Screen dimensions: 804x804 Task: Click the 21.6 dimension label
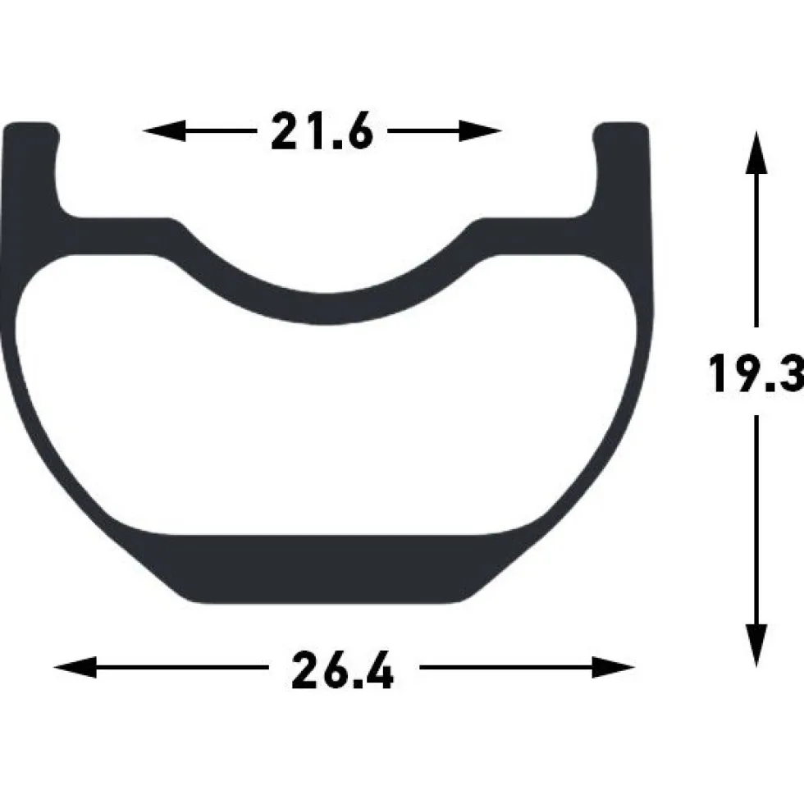[x=322, y=131]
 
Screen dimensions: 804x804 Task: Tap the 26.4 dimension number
[x=343, y=669]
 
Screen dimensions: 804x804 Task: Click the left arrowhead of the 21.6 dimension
[x=163, y=130]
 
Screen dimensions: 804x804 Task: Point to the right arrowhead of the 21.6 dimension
[x=481, y=130]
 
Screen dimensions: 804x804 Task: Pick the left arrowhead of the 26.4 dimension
[x=75, y=667]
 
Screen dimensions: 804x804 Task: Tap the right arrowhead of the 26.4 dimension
[x=614, y=667]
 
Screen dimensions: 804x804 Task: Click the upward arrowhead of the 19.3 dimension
[x=756, y=153]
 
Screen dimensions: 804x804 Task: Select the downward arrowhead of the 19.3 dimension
[x=756, y=646]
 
